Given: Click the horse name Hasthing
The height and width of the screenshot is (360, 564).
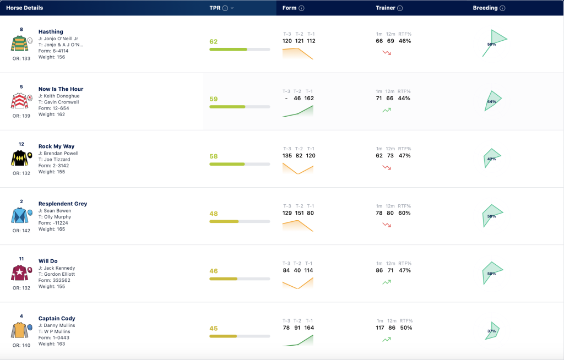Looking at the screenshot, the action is pos(51,31).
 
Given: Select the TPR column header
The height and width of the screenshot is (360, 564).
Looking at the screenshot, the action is pos(215,8).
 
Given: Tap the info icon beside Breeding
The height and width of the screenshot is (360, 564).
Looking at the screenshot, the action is pos(502,8).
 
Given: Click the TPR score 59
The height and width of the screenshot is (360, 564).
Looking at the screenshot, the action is pos(214,99).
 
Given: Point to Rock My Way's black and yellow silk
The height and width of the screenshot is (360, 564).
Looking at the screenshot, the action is pos(20,158).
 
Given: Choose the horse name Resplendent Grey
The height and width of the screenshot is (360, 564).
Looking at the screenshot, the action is pos(63,204).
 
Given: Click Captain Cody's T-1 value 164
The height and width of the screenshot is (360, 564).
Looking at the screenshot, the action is pos(309,328).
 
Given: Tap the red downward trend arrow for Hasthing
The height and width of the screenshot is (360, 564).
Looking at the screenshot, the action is pos(387,53).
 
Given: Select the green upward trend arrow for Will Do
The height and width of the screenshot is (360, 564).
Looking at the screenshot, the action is pos(387,282).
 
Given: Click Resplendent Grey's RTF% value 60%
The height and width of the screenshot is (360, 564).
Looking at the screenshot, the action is pos(404,213).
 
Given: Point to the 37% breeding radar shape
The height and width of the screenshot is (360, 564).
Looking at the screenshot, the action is pos(492,331).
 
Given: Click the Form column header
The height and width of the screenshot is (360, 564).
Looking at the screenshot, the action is pos(289,8).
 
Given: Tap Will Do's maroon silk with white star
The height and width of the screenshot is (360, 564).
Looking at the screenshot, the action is pos(20,273).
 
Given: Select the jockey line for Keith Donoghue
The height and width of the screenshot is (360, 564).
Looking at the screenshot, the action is pos(59,96).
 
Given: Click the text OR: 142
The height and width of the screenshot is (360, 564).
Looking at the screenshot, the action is pos(21,231).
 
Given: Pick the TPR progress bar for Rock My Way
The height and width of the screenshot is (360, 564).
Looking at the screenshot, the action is pos(240,164).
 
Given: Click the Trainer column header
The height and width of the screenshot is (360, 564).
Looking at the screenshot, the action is pos(385,8).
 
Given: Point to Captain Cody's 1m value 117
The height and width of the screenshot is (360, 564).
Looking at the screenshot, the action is pos(380,328).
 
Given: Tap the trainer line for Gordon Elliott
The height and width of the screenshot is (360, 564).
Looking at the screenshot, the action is pos(57,274).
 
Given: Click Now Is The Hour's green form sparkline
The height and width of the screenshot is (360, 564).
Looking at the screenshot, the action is pos(298,111).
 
